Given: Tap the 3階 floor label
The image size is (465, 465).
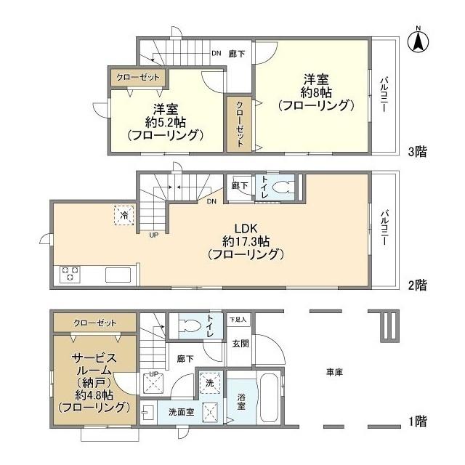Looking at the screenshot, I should pos(416,151).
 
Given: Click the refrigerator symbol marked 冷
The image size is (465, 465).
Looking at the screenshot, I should pos(124,215).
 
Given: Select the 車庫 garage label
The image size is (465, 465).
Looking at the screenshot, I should pos(334,372).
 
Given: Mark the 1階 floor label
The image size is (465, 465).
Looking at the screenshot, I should pos(416,420).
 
